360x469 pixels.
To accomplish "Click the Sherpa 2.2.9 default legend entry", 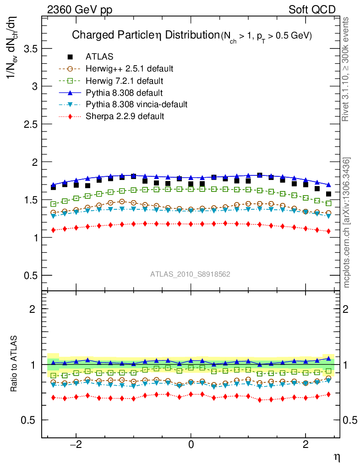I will tap(125, 116).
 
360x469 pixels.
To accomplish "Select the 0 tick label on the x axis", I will tap(191, 444).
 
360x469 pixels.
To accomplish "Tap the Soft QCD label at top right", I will tap(312, 9).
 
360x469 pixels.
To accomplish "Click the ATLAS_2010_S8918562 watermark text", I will tap(190, 274).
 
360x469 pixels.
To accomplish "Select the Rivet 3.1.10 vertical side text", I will tap(346, 69).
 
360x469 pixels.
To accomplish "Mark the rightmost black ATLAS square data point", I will tap(328, 194).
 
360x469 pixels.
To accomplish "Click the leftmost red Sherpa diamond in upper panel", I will tap(54, 230).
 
